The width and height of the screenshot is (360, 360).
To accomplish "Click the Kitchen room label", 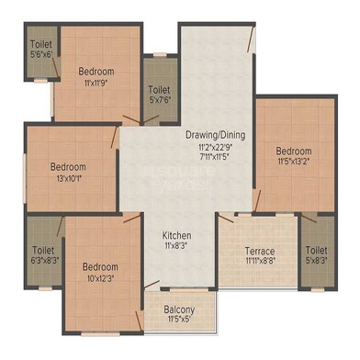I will tap(176, 233).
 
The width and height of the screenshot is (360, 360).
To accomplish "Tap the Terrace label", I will tap(259, 250).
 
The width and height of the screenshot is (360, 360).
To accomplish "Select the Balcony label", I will tap(180, 309).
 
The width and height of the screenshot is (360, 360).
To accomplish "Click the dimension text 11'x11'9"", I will tap(96, 83).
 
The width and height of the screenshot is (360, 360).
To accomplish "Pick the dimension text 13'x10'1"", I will tap(68, 178).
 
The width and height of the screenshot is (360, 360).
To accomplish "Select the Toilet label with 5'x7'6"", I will tap(159, 90).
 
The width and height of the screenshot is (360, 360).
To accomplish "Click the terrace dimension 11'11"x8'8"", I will tap(259, 261).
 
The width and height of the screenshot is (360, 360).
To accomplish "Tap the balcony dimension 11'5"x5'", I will tap(180, 321).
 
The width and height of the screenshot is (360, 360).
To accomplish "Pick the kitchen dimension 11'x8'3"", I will tap(176, 244).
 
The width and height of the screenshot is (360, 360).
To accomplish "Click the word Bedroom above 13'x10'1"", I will tap(68, 167).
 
